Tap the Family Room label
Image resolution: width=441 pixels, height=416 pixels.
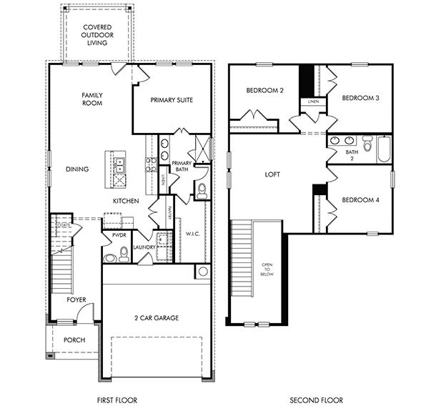[x=91, y=99]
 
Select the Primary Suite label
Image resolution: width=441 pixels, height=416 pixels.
[x=172, y=100]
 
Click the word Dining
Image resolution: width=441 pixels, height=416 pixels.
[x=77, y=169]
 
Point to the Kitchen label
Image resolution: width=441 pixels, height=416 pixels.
[x=125, y=202]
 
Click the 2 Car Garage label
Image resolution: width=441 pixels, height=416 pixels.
[x=157, y=317]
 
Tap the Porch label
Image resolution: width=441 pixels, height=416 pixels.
[x=75, y=340]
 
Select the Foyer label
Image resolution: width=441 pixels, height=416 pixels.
[x=76, y=300]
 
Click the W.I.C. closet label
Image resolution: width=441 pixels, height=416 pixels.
[x=192, y=233]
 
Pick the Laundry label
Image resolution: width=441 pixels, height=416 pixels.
[x=144, y=247]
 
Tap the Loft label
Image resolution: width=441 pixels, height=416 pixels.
[x=273, y=174]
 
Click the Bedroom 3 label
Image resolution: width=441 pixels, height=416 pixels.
[x=360, y=98]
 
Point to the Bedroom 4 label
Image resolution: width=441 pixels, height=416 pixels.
[x=360, y=199]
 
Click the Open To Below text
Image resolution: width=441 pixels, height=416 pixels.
[x=267, y=268]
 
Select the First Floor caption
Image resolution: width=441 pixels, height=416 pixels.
[x=117, y=400]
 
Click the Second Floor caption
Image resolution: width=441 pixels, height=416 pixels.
[x=316, y=400]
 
